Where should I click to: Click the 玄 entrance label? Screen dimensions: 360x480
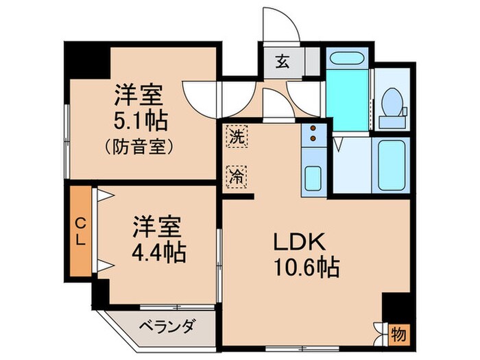tap(282, 61)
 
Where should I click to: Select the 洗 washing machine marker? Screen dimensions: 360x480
tap(235, 136)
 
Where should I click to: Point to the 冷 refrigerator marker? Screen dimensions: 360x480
tap(235, 176)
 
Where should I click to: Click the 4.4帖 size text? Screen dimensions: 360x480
tap(158, 253)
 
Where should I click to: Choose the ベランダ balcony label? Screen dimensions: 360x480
tap(169, 325)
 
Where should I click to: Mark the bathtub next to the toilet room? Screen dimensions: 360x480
tap(389, 165)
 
